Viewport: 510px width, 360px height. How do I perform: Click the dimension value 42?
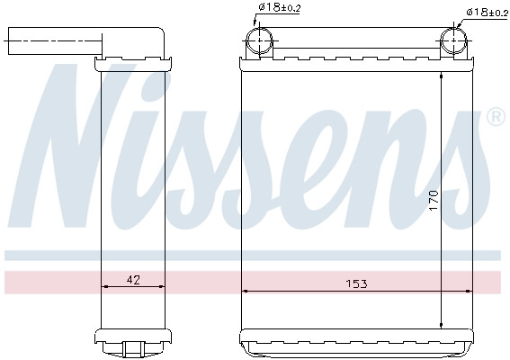point(133,280)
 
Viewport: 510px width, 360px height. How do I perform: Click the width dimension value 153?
point(356,283)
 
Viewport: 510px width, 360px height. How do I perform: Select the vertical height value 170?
point(434,199)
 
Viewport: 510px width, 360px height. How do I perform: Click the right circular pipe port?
point(455,40)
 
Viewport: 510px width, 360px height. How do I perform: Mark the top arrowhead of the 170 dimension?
point(442,76)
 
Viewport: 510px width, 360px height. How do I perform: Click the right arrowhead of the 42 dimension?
point(163,287)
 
